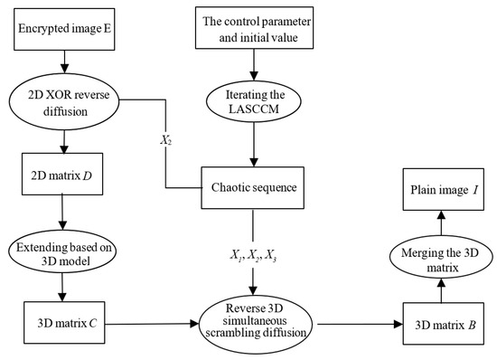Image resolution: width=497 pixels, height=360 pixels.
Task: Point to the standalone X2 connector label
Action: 165,140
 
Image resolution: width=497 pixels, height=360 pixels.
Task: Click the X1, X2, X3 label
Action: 253,255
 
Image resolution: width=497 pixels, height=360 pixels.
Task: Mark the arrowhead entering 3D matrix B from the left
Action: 399,324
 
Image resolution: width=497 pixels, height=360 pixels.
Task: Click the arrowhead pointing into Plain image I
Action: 442,215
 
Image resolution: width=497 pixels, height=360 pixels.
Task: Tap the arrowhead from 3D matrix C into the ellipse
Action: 194,324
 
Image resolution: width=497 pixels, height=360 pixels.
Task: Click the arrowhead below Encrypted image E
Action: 64,69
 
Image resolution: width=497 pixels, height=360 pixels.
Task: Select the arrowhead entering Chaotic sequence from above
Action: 253,162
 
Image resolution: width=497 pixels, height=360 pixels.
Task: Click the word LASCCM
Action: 254,109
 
